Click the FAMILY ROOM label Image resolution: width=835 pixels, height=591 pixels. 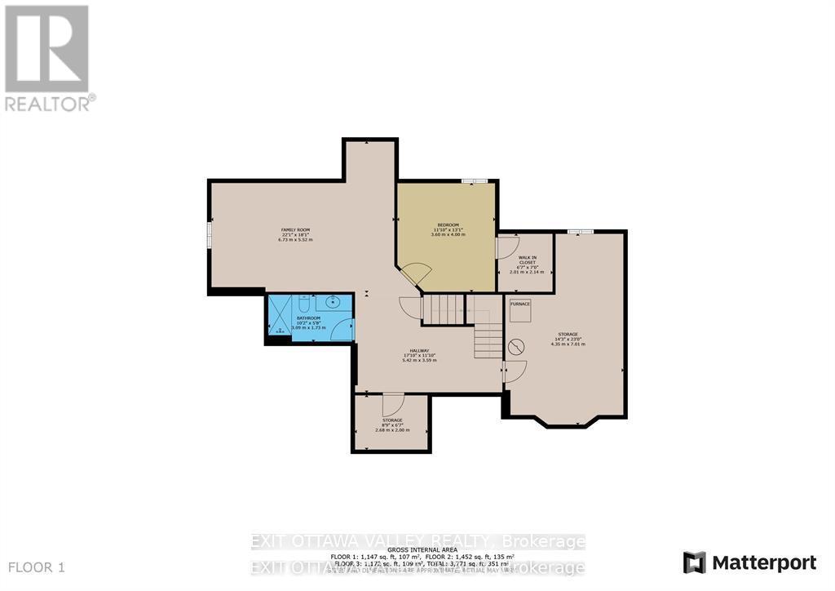tap(296, 230)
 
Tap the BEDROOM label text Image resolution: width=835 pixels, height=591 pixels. tap(448, 225)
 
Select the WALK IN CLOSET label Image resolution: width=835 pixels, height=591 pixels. tap(527, 260)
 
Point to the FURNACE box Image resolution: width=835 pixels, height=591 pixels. tap(520, 304)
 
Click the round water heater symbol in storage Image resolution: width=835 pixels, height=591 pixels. tap(515, 348)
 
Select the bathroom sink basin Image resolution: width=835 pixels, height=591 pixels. tap(341, 301)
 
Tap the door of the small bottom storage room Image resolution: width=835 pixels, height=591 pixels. tap(392, 403)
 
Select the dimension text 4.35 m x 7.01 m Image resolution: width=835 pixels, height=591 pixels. tap(568, 344)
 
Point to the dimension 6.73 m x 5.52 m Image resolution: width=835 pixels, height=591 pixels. tap(296, 239)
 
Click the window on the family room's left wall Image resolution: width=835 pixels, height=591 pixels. tap(210, 235)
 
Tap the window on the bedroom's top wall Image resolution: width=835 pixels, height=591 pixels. tap(474, 180)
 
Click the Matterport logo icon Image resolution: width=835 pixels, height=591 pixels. tap(695, 562)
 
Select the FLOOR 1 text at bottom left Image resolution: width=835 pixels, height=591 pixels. tap(37, 567)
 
